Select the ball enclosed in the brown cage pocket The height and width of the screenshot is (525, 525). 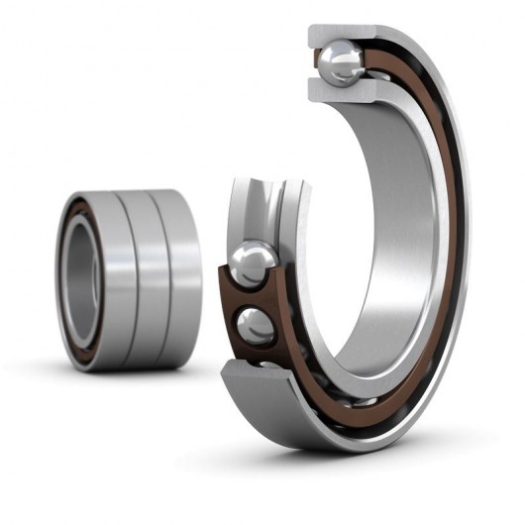point(257,324)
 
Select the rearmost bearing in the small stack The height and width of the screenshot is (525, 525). point(182,277)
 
